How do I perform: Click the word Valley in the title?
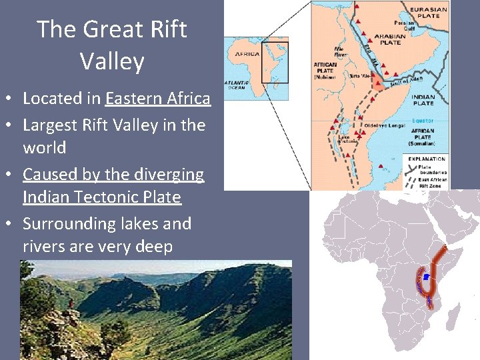[112, 61]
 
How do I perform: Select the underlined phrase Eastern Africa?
[157, 99]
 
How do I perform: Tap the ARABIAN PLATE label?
[390, 39]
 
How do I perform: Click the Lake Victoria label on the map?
[344, 139]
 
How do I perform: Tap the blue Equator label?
[423, 121]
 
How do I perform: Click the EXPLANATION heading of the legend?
[427, 159]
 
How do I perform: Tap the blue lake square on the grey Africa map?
[426, 276]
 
